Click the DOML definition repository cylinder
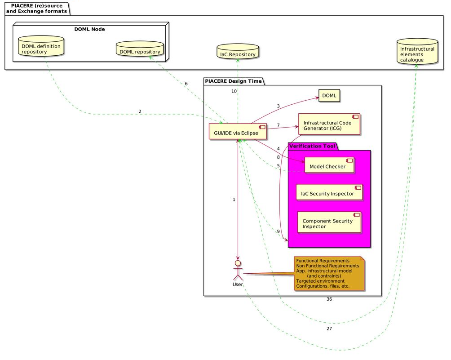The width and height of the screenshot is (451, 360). click(41, 46)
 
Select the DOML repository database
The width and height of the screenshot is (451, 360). click(140, 49)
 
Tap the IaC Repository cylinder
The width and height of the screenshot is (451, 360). click(238, 52)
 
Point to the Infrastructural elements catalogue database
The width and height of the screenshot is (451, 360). click(417, 52)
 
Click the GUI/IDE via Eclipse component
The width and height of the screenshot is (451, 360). click(238, 132)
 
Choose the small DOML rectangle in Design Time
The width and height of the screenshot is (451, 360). click(329, 96)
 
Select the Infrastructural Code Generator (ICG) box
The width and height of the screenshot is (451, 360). click(329, 124)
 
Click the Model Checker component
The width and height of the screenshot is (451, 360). click(329, 165)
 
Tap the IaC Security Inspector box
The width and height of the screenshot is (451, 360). click(329, 192)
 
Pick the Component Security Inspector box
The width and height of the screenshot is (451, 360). click(329, 222)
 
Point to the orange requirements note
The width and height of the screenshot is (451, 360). click(329, 273)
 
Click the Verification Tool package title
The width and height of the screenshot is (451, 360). click(312, 146)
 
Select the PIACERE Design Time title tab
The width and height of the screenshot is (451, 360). click(233, 81)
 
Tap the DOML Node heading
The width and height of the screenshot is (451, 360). click(89, 29)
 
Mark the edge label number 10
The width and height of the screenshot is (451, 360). click(234, 91)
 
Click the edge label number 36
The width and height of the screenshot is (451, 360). click(329, 299)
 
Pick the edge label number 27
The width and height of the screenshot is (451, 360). click(329, 329)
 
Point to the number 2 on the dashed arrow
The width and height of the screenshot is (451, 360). click(140, 111)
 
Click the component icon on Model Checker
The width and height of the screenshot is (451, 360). click(349, 160)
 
